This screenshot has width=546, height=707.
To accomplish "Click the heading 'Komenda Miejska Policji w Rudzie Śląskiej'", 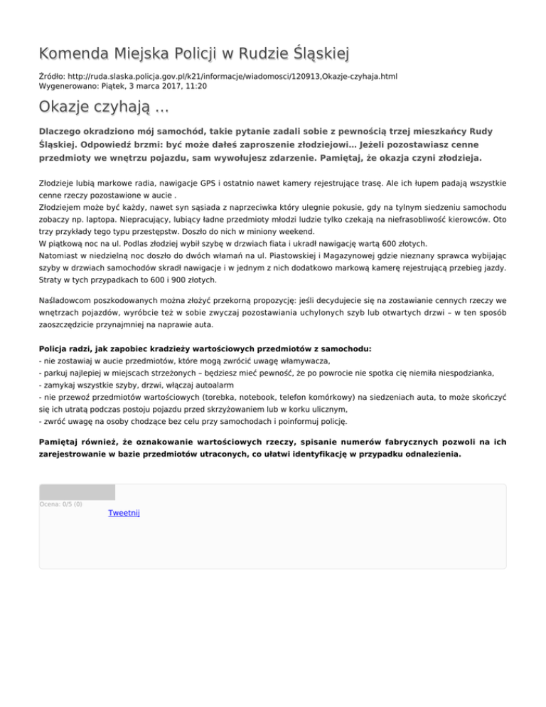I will coord(194,54).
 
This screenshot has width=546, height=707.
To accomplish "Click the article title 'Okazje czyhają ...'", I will coord(104,109).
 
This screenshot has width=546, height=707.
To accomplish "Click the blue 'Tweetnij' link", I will coord(124,513).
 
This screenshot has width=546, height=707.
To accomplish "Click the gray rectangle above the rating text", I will coord(77,491).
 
